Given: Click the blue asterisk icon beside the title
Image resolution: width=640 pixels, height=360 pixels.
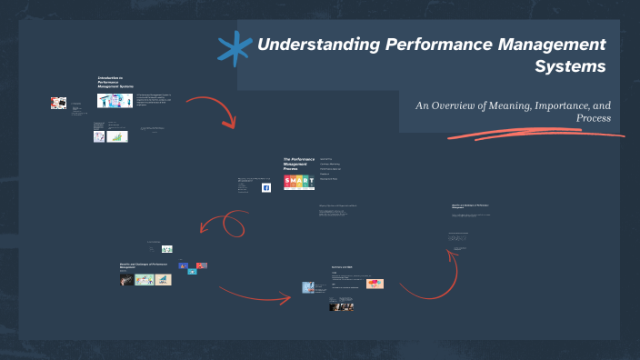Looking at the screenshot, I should pyautogui.click(x=235, y=49).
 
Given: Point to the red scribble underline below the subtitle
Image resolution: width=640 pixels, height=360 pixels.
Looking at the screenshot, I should pyautogui.click(x=536, y=135).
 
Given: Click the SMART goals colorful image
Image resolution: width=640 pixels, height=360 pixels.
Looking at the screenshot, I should pyautogui.click(x=299, y=183).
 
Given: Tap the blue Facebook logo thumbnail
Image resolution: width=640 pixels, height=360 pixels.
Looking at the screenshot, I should pyautogui.click(x=266, y=187).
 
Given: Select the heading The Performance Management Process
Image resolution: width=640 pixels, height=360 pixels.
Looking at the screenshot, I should pyautogui.click(x=298, y=164).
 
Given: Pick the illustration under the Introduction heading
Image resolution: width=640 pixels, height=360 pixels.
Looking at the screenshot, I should pyautogui.click(x=115, y=101).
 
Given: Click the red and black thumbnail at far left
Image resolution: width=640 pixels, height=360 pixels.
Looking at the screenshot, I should pyautogui.click(x=58, y=104).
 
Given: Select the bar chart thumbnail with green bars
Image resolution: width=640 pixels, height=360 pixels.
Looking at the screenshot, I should pyautogui.click(x=116, y=136).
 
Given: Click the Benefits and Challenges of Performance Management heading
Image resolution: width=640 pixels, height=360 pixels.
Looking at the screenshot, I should pyautogui.click(x=144, y=265).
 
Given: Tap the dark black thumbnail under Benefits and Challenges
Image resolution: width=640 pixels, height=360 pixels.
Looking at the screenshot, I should pyautogui.click(x=126, y=280).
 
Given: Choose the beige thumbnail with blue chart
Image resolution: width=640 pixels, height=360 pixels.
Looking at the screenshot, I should pyautogui.click(x=144, y=280).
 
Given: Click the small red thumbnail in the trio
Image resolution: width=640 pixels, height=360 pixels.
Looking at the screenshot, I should pyautogui.click(x=201, y=265).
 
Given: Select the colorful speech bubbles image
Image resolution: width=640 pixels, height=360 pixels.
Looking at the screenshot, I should pyautogui.click(x=376, y=284).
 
